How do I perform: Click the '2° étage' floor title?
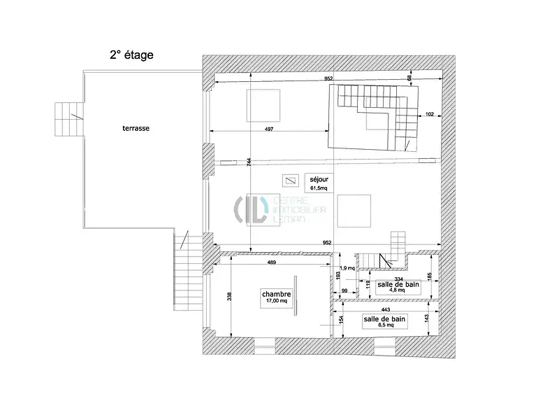pos(131,54)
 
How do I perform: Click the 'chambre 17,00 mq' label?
pos(276,297)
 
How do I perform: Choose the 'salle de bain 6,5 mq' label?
pos(384,321)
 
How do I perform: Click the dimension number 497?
pos(268,129)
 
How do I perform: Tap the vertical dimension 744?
pos(249,162)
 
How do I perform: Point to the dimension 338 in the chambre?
pos(228,296)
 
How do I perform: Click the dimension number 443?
pos(385,309)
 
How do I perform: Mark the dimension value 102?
pos(429,114)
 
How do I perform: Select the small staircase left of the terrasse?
pos(68,120)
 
